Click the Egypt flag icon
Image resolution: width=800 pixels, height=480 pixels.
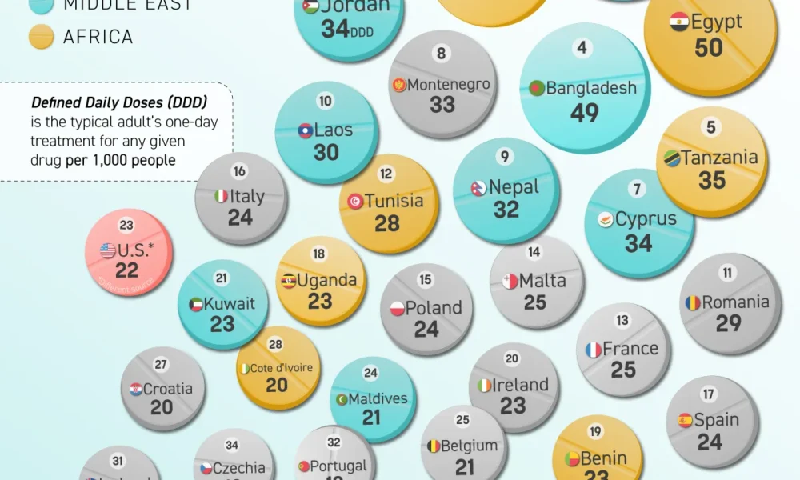click(x=680, y=22)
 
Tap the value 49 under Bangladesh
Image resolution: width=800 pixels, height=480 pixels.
click(x=585, y=113)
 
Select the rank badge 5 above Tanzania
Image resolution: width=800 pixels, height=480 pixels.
click(x=711, y=127)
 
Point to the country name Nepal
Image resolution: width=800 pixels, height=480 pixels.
click(x=514, y=187)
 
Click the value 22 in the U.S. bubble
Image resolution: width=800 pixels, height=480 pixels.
click(x=127, y=271)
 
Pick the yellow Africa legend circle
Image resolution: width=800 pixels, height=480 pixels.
click(x=41, y=37)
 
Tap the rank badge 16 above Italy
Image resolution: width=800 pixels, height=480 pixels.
click(x=239, y=171)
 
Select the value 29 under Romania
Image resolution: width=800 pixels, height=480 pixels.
click(x=729, y=323)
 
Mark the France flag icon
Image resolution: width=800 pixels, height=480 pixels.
click(x=593, y=350)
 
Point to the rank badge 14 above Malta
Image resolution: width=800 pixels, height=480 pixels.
click(x=534, y=252)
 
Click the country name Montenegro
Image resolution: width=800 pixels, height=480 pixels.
click(x=448, y=85)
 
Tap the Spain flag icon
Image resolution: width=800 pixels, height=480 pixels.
click(x=686, y=420)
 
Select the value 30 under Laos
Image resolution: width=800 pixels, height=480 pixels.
click(x=326, y=152)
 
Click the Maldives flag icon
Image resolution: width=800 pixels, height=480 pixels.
click(x=342, y=398)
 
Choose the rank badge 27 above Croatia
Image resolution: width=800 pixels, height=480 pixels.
click(x=161, y=365)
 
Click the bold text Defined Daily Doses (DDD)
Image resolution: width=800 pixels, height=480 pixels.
click(x=119, y=102)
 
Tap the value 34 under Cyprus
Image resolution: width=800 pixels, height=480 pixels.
click(x=638, y=242)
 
